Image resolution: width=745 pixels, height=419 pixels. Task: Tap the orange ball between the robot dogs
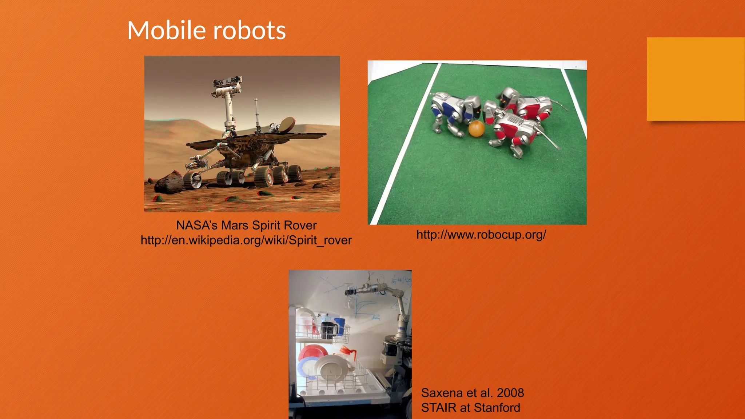pos(476,129)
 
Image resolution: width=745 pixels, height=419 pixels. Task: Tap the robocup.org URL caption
pos(481,235)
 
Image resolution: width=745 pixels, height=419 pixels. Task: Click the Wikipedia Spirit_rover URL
pos(246,240)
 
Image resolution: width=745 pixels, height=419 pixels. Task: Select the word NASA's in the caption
pos(197,226)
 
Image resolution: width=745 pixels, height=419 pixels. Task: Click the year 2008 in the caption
pos(510,393)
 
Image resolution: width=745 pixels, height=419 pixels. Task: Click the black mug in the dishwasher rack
pos(329,330)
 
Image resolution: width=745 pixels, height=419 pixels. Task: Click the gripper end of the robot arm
pos(351,291)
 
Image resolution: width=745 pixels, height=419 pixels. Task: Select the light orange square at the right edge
pos(696,79)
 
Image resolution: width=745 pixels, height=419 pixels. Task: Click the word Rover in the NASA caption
pos(300,226)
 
